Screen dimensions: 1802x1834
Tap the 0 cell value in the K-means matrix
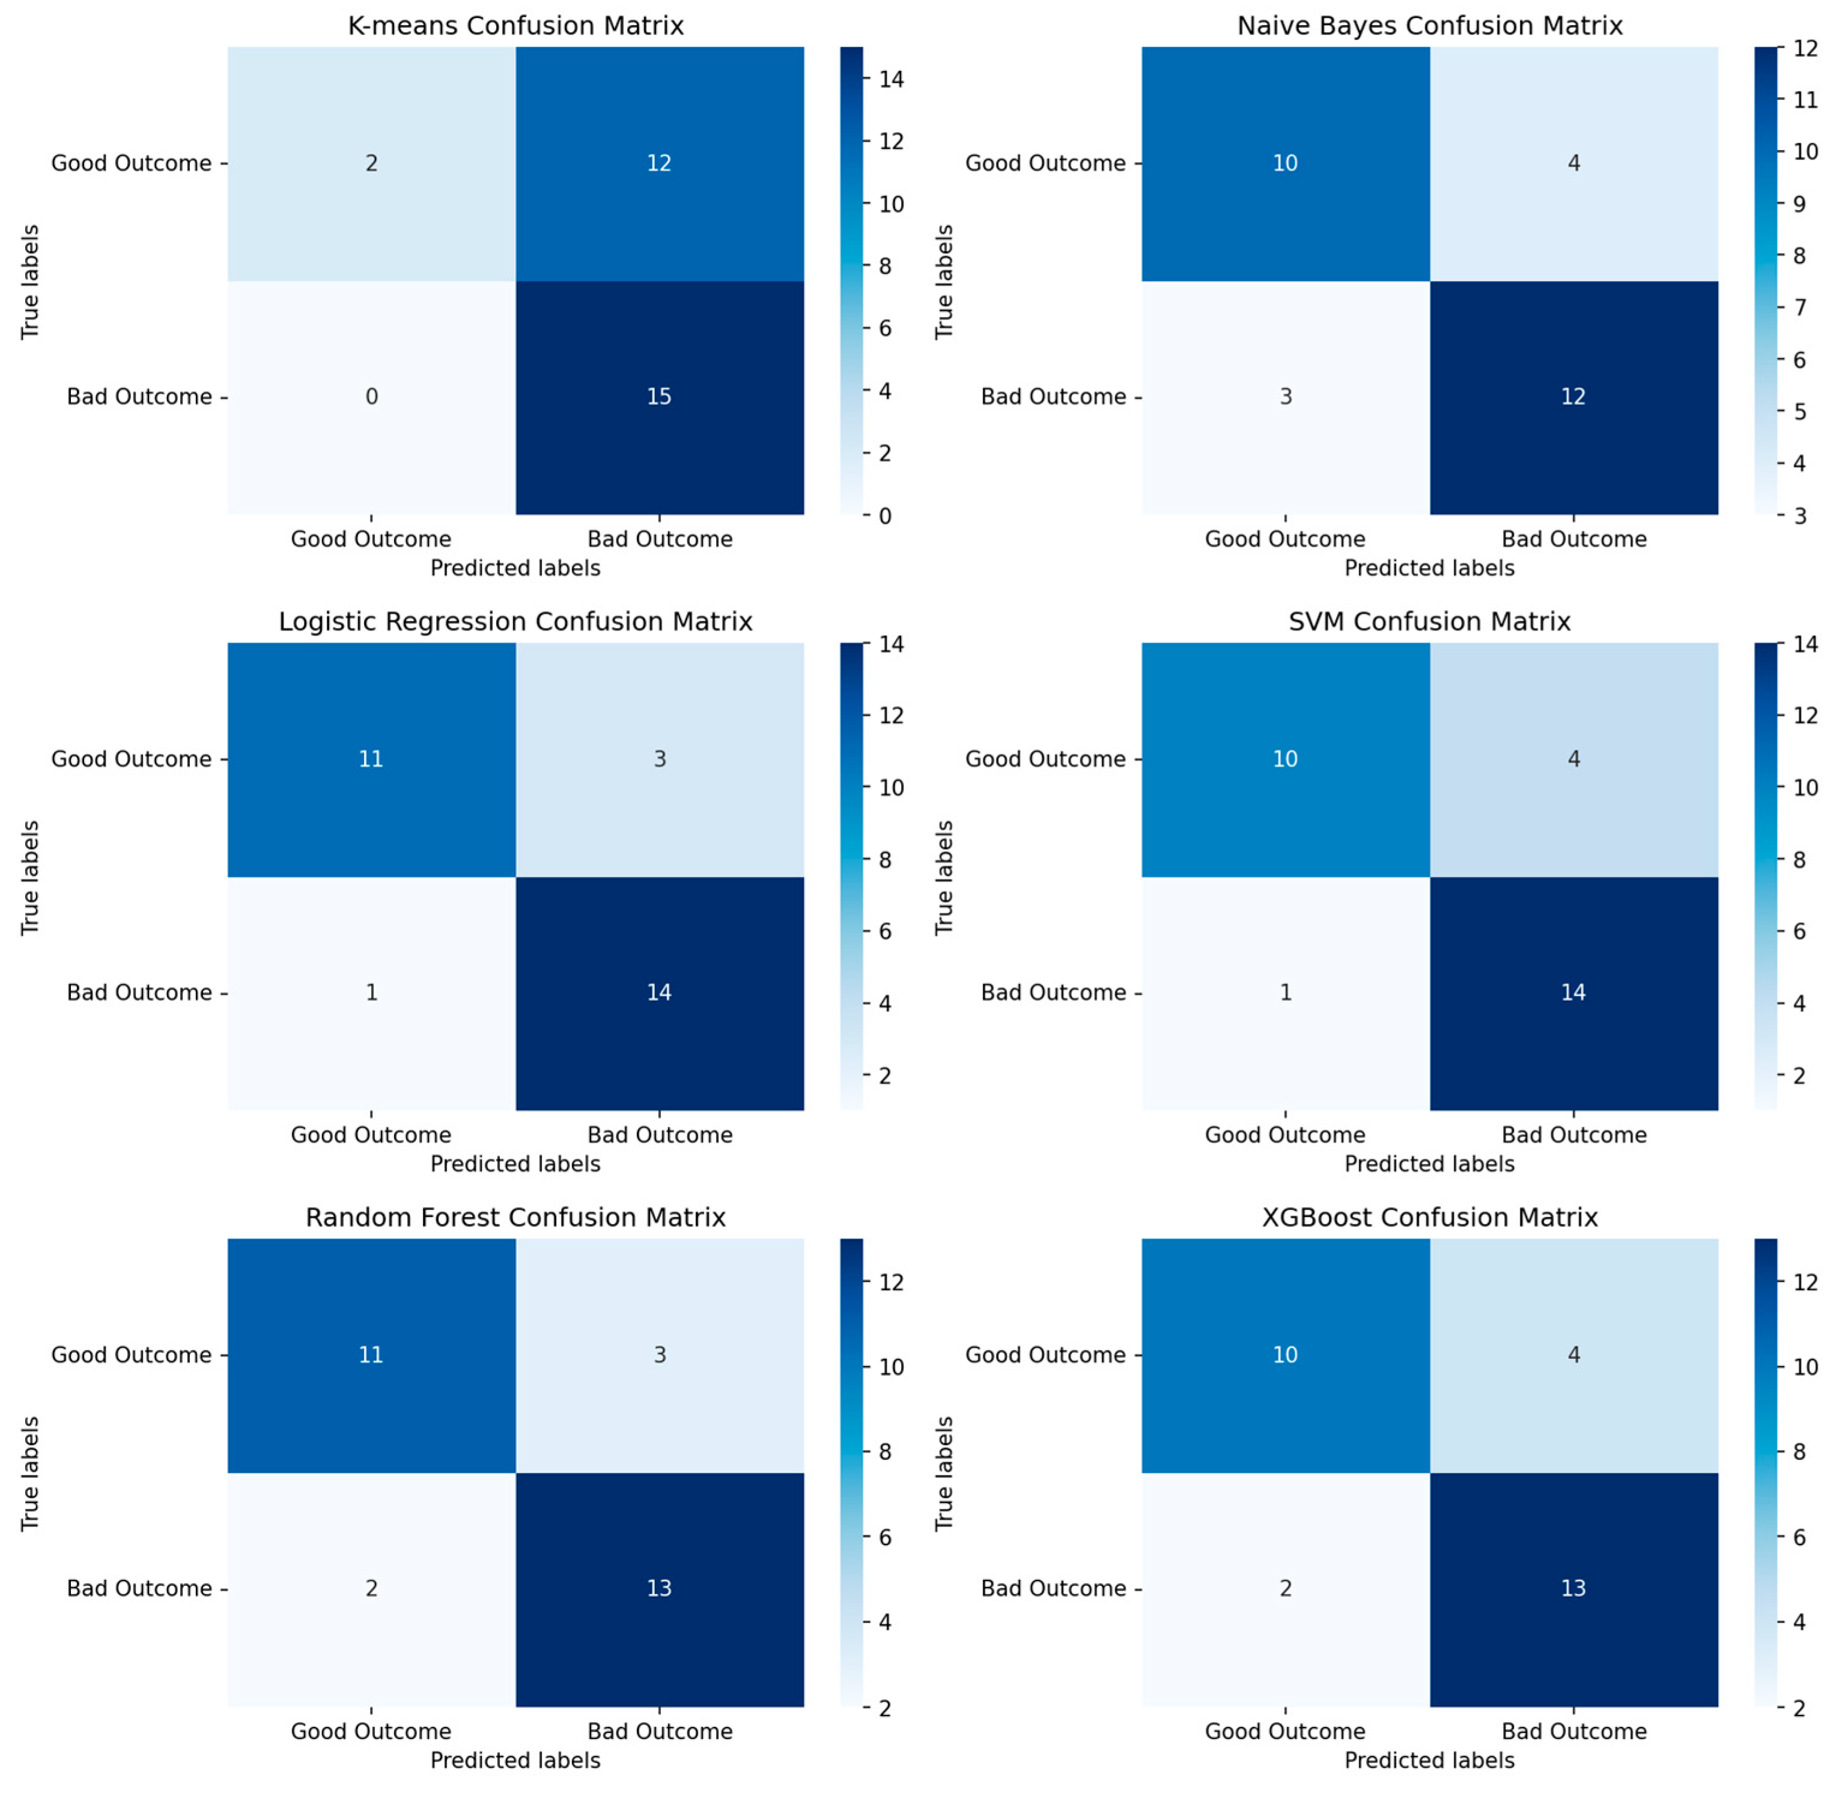[371, 396]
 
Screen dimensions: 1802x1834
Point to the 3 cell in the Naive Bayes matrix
[1285, 396]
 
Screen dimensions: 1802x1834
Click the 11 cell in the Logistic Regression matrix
[371, 759]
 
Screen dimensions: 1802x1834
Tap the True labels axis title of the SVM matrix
[944, 877]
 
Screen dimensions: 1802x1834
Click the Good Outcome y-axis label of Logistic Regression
[131, 759]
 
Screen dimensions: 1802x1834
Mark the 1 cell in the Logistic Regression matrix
[371, 992]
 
